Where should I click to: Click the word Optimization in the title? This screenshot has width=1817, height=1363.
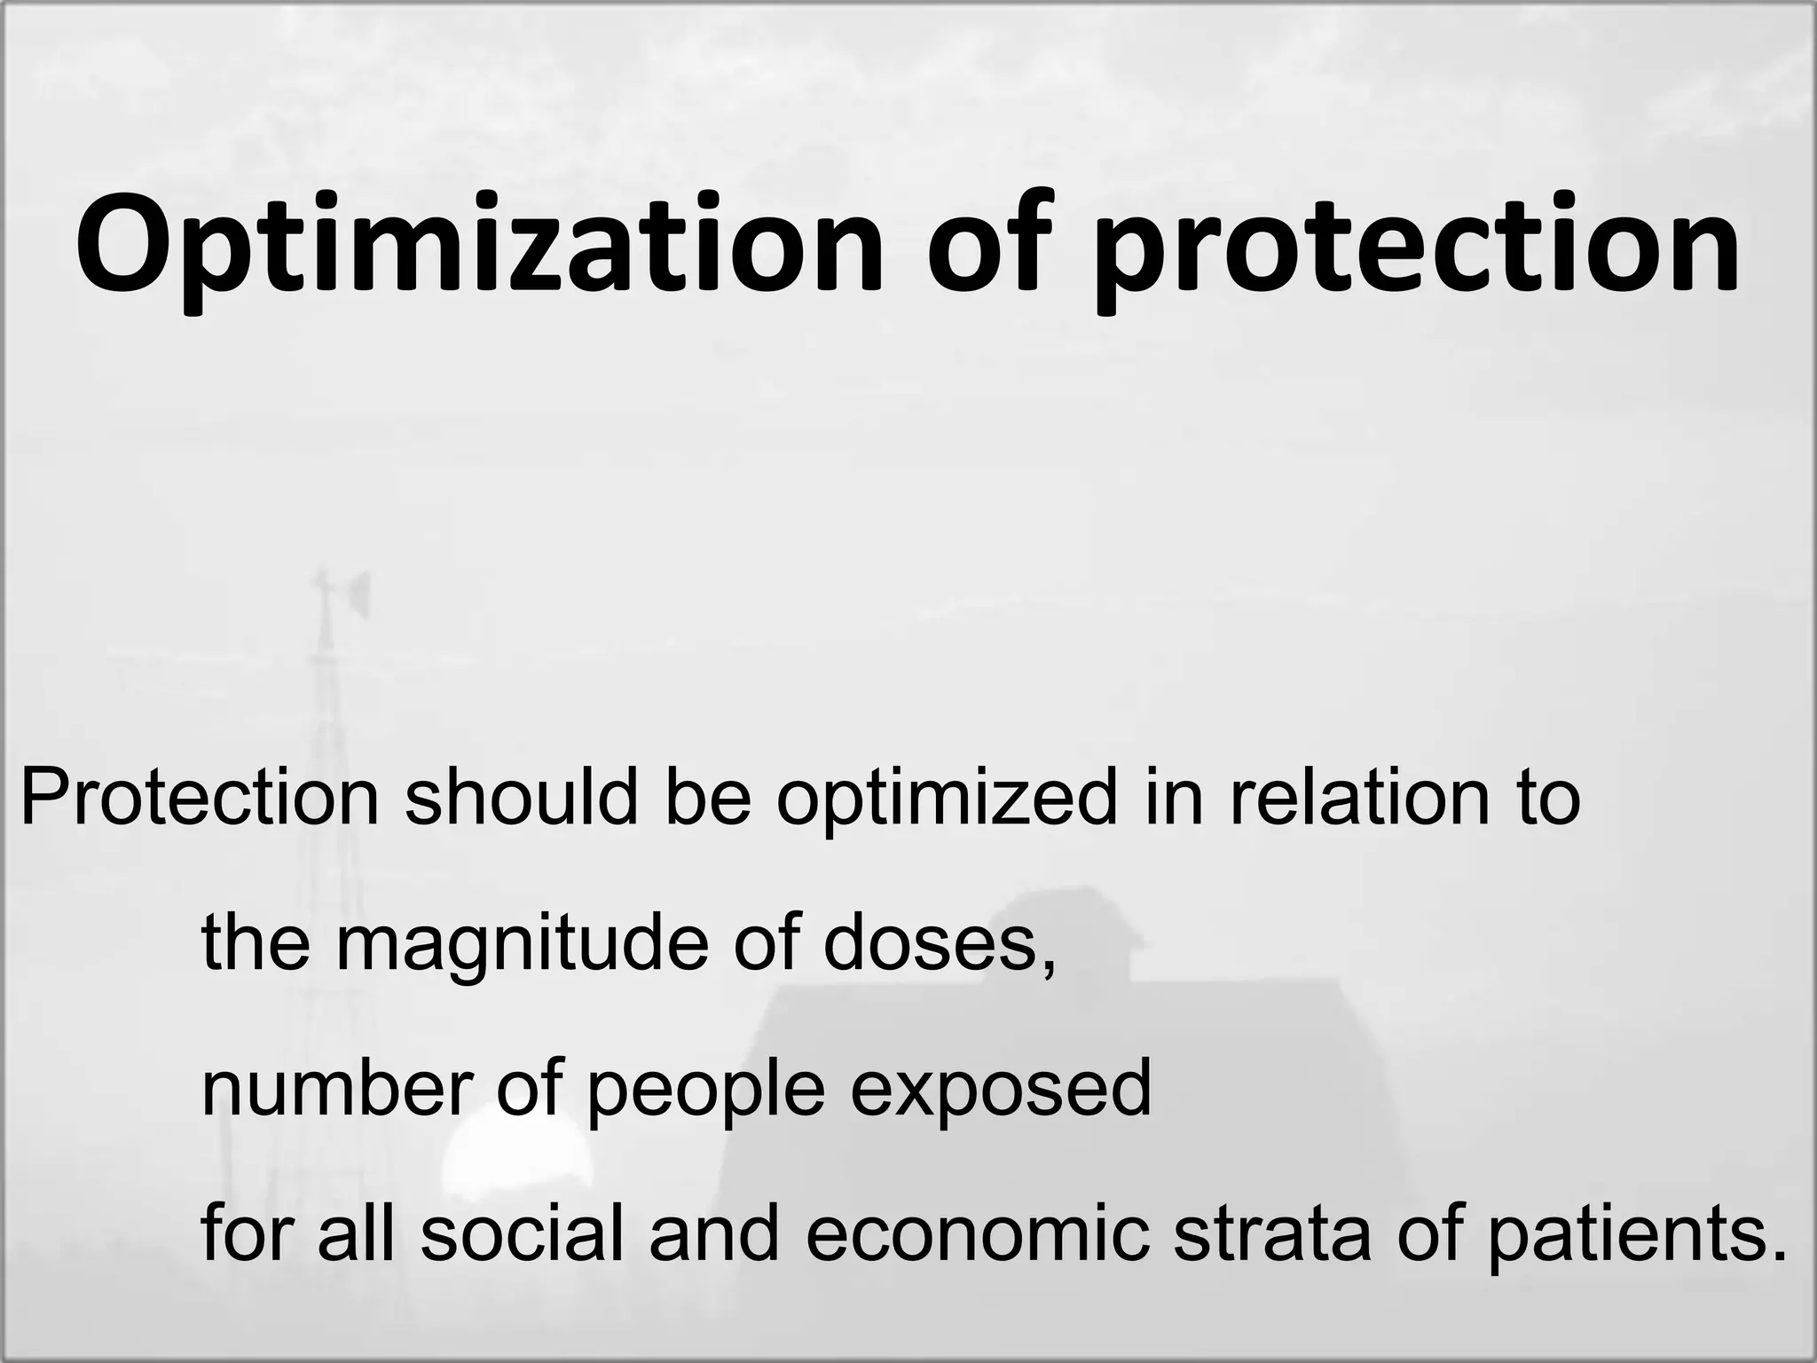480,243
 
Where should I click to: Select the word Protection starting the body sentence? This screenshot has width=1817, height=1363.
200,797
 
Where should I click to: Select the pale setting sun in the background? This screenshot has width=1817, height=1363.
515,1154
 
